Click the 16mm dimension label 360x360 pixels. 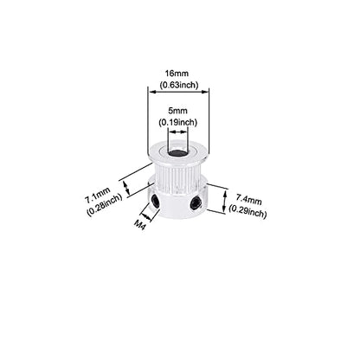click(177, 74)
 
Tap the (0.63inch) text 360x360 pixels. click(179, 85)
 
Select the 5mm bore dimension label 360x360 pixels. click(177, 111)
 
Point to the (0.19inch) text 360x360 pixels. click(177, 122)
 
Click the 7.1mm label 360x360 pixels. click(98, 196)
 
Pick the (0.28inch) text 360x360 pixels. click(105, 205)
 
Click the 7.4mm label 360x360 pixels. click(249, 199)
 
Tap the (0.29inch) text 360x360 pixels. click(247, 211)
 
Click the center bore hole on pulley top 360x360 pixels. click(177, 151)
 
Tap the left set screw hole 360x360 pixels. click(156, 201)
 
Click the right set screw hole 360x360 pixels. click(196, 203)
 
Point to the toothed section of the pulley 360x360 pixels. click(177, 177)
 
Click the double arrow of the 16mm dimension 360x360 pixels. click(178, 92)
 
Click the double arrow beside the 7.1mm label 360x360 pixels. click(126, 187)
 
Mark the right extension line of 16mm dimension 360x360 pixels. click(209, 120)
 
